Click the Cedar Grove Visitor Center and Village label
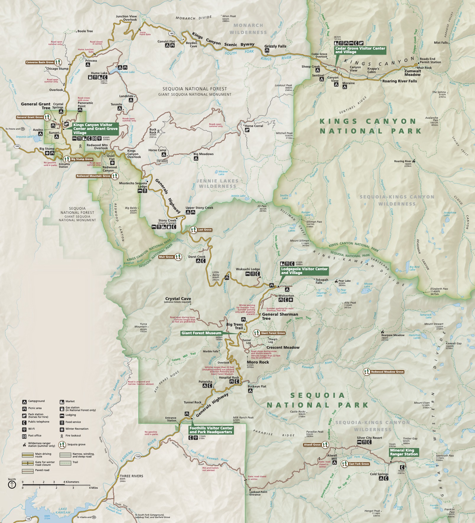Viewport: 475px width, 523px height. (360, 50)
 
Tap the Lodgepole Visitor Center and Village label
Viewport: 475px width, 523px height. (304, 271)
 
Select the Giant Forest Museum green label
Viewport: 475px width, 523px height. (201, 333)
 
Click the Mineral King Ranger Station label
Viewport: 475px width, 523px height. (404, 452)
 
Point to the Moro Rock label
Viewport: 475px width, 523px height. (258, 362)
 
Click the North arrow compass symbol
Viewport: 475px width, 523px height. (12, 485)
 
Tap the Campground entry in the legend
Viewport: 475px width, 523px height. (36, 401)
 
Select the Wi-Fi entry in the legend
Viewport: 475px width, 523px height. (31, 429)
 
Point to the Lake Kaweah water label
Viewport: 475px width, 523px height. (63, 511)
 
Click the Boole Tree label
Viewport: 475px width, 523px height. (85, 31)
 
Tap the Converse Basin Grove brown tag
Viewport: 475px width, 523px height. (40, 62)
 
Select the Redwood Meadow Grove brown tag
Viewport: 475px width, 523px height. (387, 372)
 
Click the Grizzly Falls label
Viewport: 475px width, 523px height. (275, 46)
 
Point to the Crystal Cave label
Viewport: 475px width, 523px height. (178, 299)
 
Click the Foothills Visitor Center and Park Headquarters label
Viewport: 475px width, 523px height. (211, 430)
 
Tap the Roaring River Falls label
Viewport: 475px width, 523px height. (399, 81)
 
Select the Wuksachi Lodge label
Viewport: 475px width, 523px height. (248, 269)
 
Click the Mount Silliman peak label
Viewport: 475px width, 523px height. (300, 241)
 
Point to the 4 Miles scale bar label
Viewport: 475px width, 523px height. (93, 488)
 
